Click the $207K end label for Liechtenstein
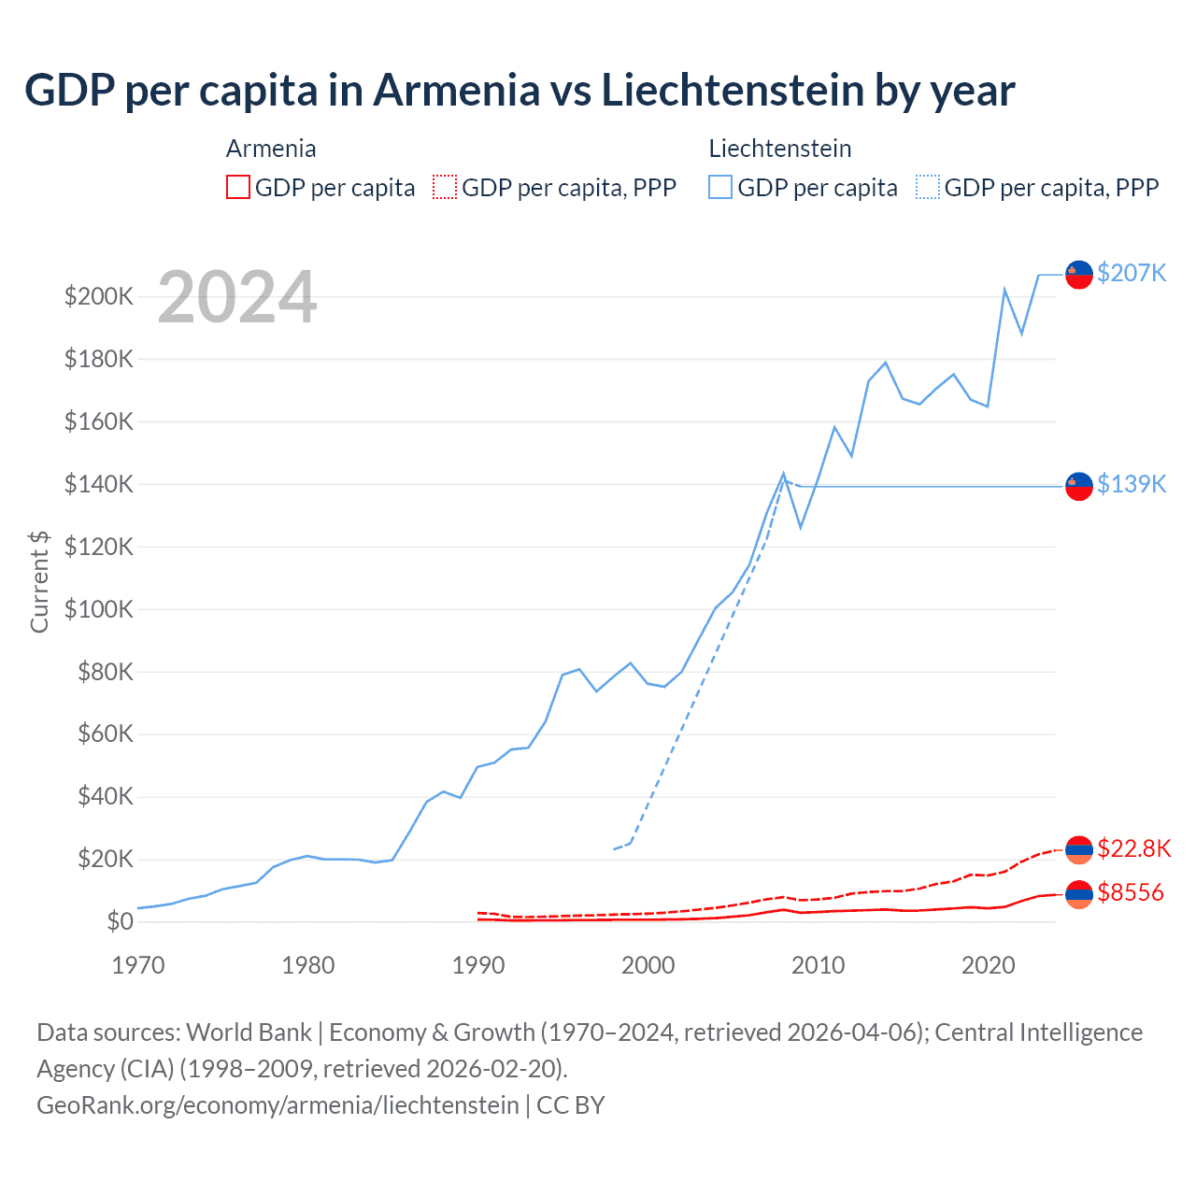pos(1132,273)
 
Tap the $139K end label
pos(1132,484)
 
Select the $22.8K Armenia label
pos(1133,848)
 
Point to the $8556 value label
pos(1131,893)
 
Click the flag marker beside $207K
pos(1079,275)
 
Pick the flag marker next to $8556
pos(1079,894)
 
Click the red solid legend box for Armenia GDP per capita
pos(238,187)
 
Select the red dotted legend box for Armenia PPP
pos(445,187)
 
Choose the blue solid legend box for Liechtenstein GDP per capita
pos(720,187)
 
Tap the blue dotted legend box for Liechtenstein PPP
pos(928,187)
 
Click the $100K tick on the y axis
pos(99,609)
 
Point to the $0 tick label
pos(120,921)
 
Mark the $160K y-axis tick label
pos(99,421)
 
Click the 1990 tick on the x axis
pos(478,965)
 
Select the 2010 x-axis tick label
pos(819,965)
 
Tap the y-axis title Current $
pos(39,581)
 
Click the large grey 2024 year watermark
pos(237,298)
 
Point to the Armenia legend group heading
pos(271,149)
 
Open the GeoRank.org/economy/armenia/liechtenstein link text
pos(278,1105)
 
